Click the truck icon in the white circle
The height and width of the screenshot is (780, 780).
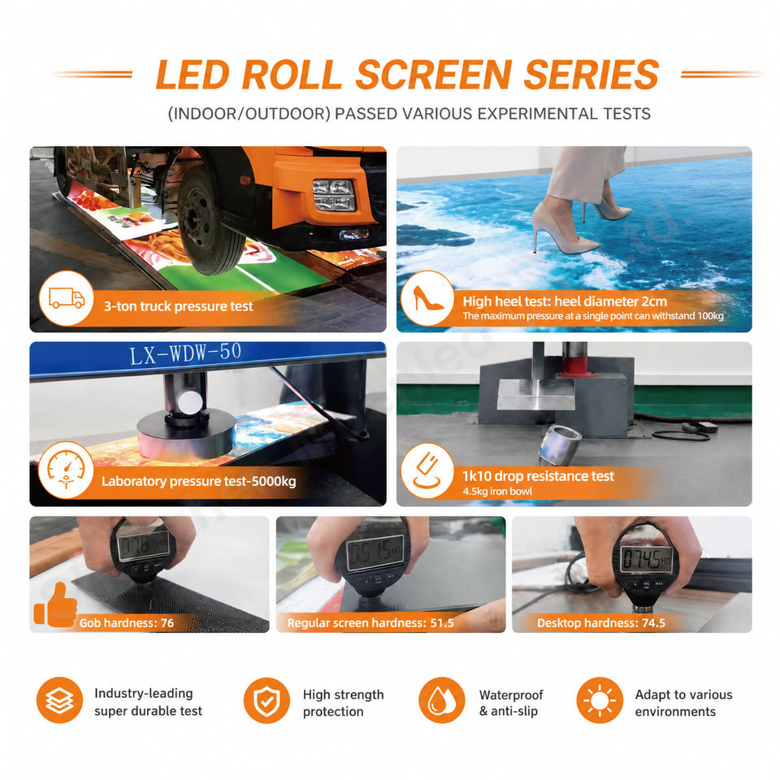67,298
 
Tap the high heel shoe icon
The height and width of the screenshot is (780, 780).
427,298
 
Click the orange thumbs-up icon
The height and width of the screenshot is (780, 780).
56,604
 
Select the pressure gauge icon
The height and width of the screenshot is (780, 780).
66,470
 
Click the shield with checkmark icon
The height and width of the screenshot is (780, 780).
266,700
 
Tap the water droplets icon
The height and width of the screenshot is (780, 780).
442,700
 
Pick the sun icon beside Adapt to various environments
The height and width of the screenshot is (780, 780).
600,700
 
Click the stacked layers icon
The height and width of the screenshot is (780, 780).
59,700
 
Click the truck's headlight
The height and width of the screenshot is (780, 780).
334,195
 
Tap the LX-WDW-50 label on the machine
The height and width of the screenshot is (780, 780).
185,353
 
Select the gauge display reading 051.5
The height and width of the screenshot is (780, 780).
375,553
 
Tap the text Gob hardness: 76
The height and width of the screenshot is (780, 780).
127,623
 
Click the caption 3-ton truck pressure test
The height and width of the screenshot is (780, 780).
178,306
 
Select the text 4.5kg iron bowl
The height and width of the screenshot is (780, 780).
497,492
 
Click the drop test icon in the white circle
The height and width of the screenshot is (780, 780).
427,471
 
